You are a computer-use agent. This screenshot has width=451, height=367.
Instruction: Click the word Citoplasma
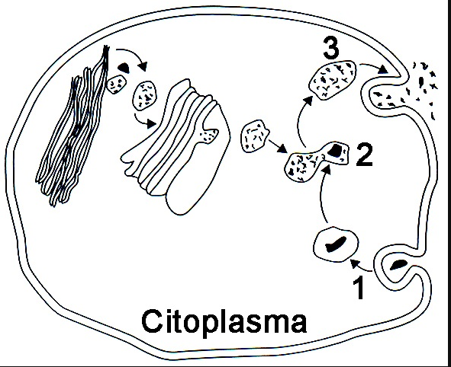224,322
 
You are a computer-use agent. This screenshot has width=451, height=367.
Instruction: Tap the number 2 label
365,155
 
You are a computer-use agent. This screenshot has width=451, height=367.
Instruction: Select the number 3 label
331,48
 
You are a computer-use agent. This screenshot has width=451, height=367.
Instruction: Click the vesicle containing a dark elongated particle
336,244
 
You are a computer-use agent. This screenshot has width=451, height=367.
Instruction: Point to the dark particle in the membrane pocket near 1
398,264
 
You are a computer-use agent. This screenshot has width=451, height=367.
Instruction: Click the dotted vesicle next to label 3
333,79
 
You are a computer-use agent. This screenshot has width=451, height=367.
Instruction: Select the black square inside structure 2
335,150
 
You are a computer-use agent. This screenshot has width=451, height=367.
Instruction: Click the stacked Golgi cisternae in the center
176,146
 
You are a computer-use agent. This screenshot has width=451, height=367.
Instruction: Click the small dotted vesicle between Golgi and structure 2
254,136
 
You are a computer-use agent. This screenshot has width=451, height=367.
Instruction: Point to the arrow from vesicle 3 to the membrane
374,67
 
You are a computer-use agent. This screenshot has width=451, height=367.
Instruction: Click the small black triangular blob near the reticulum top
124,67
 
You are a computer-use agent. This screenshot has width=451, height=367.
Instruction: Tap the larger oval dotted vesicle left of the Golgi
144,95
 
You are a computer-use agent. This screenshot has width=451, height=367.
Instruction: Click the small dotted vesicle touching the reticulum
117,84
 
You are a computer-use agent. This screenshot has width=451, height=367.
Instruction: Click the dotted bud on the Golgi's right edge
208,135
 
